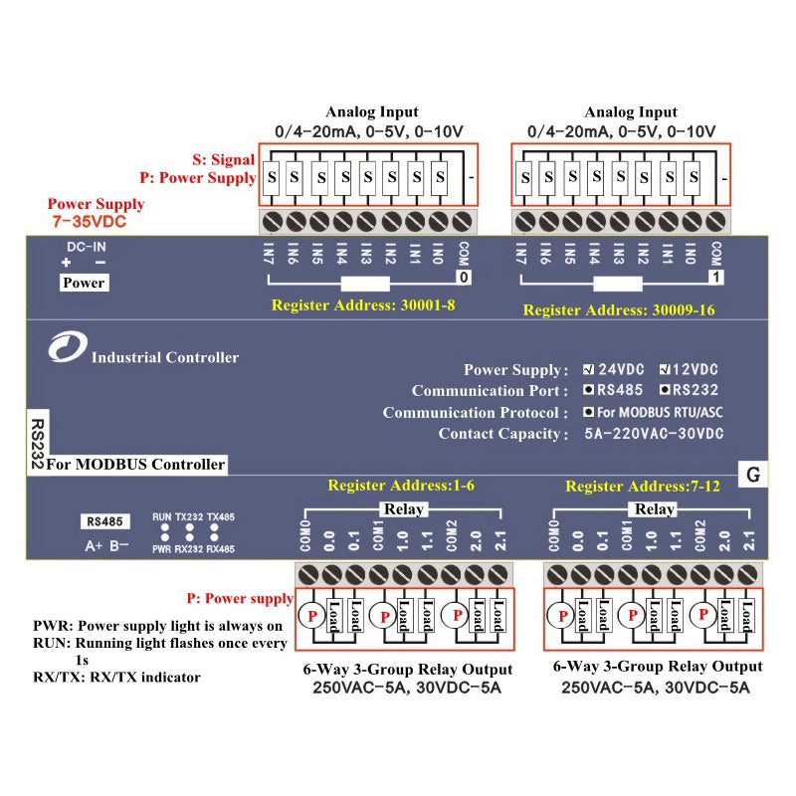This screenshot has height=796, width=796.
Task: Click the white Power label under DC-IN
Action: coord(84,283)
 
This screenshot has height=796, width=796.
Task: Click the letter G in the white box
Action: coord(753,476)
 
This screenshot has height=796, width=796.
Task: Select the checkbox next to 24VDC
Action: coord(589,370)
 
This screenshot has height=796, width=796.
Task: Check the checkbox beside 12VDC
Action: coord(665,370)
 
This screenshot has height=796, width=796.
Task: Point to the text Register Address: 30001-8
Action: coord(363,305)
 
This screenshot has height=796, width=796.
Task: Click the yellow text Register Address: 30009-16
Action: coord(619,310)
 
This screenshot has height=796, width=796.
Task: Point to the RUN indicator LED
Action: coord(162,528)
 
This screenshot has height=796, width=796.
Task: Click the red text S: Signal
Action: coord(224,159)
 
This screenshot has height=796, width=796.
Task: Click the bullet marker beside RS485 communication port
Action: coord(589,391)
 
